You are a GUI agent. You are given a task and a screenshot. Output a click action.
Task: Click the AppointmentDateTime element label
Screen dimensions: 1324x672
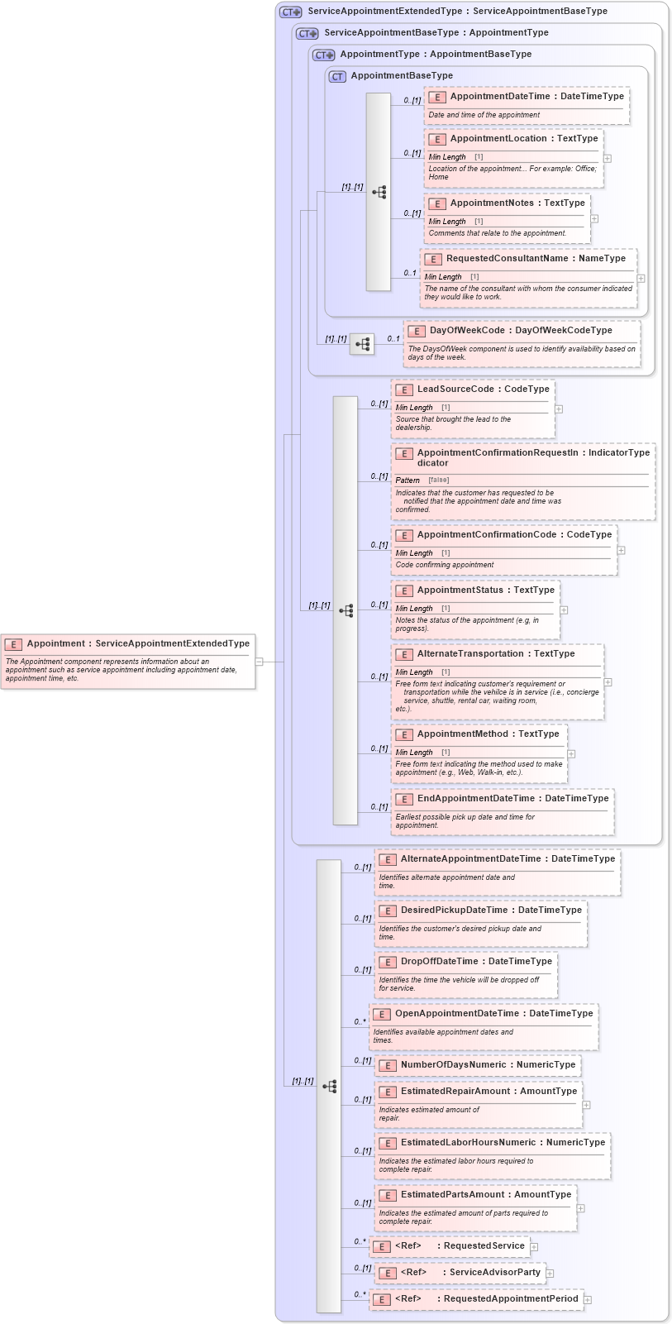(x=499, y=97)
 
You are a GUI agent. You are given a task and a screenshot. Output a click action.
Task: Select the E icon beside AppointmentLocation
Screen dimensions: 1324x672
(x=437, y=140)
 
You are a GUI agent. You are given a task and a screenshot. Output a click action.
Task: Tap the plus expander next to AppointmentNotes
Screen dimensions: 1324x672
(x=594, y=218)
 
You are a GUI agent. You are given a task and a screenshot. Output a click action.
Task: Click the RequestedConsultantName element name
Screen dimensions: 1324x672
(x=507, y=259)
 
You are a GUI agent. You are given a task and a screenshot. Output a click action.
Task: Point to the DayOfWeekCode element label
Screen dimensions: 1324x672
(x=466, y=331)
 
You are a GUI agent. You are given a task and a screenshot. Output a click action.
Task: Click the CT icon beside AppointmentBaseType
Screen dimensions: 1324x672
(x=337, y=76)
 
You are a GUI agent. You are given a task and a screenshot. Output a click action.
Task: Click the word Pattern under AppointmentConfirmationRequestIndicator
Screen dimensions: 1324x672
(x=407, y=480)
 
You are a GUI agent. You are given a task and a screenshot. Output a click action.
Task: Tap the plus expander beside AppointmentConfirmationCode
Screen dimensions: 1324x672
(x=621, y=550)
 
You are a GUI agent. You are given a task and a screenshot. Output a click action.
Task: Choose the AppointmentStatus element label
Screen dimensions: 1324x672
(x=460, y=590)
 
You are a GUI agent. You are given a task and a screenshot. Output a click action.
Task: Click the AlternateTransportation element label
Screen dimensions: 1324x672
(x=473, y=654)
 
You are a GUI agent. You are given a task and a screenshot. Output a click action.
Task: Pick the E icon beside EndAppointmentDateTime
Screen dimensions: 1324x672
(x=404, y=800)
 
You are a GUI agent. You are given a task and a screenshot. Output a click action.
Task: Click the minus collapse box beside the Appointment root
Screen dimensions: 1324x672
(x=259, y=662)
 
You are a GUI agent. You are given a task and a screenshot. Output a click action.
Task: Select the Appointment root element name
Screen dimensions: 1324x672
(x=55, y=643)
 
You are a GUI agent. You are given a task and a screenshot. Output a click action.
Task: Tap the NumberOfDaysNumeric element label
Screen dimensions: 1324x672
(x=453, y=1065)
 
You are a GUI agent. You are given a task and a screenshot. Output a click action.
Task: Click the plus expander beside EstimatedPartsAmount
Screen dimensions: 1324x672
(x=580, y=1208)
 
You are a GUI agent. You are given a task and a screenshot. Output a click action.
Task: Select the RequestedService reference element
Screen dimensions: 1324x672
(x=484, y=1246)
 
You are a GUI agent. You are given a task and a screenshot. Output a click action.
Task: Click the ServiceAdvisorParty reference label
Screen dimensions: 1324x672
(x=494, y=1273)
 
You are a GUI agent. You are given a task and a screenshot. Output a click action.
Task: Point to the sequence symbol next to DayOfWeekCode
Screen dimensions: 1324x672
(x=362, y=344)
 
